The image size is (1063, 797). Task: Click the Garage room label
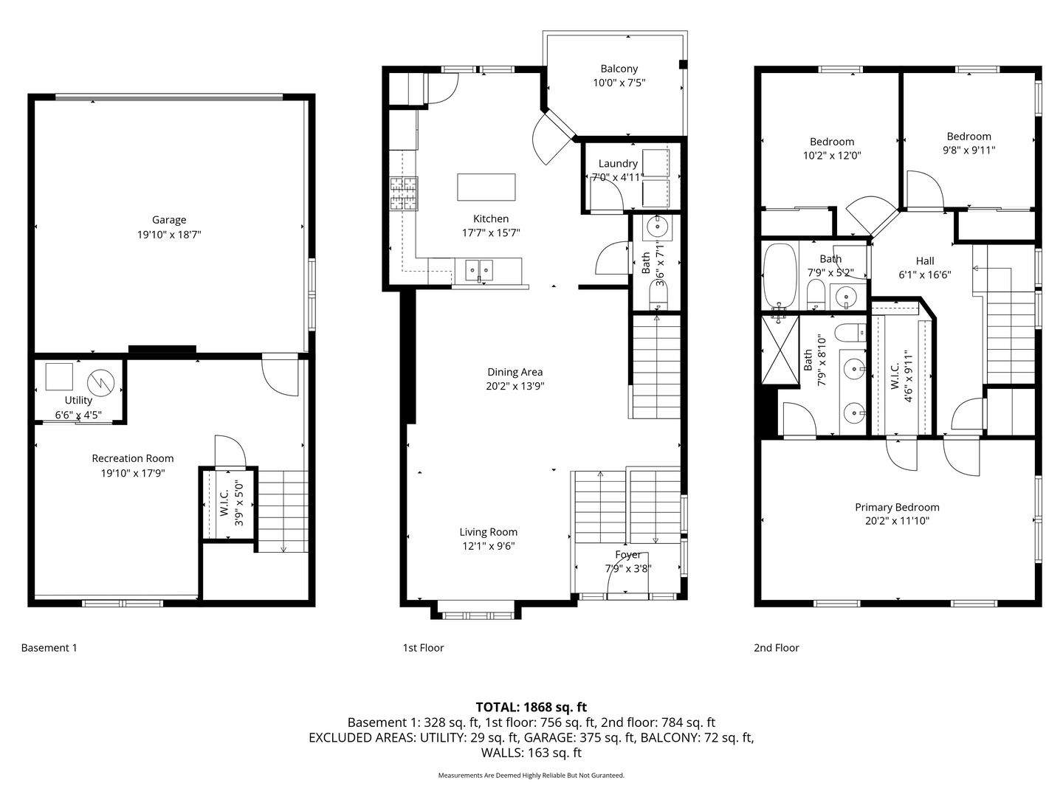point(169,220)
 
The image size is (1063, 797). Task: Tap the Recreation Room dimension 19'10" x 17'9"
point(133,473)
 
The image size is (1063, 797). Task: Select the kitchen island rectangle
point(486,187)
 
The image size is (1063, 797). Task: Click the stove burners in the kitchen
point(404,193)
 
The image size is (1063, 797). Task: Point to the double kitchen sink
point(479,271)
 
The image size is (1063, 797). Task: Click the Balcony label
point(619,69)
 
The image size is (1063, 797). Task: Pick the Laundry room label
point(618,164)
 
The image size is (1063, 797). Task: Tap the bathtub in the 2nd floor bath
point(780,275)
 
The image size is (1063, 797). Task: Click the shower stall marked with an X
point(780,351)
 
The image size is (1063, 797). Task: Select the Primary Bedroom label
point(897,507)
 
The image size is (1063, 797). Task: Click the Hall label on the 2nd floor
point(925,261)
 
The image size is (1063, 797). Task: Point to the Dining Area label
point(515,372)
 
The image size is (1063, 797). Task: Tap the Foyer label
point(628,555)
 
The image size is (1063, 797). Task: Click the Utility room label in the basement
point(78,400)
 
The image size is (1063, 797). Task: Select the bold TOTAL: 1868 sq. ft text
point(531,707)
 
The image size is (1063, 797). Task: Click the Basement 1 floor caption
point(49,648)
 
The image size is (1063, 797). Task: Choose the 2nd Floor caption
point(776,648)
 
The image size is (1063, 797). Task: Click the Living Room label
point(488,532)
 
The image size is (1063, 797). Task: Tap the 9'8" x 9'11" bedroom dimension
point(969,151)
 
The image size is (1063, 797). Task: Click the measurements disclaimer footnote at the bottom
point(531,776)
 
